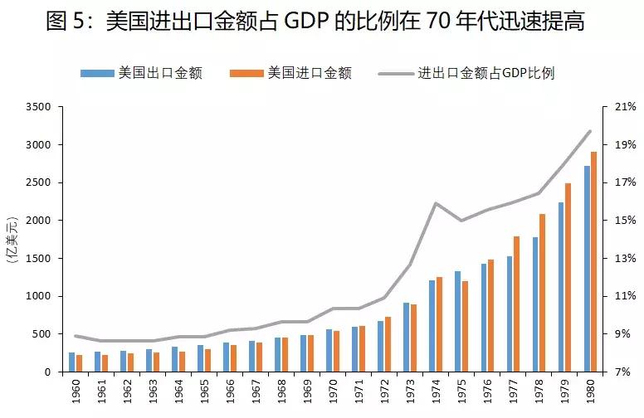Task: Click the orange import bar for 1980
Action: click(x=593, y=262)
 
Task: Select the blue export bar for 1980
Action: click(x=587, y=269)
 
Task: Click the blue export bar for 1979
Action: click(x=561, y=287)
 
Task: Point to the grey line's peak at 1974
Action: click(x=435, y=203)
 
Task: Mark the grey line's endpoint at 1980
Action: click(x=590, y=131)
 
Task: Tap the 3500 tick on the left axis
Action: click(x=38, y=107)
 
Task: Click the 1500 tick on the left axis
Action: click(x=38, y=259)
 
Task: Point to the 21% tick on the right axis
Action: click(x=625, y=107)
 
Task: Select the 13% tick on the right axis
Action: click(x=625, y=259)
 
